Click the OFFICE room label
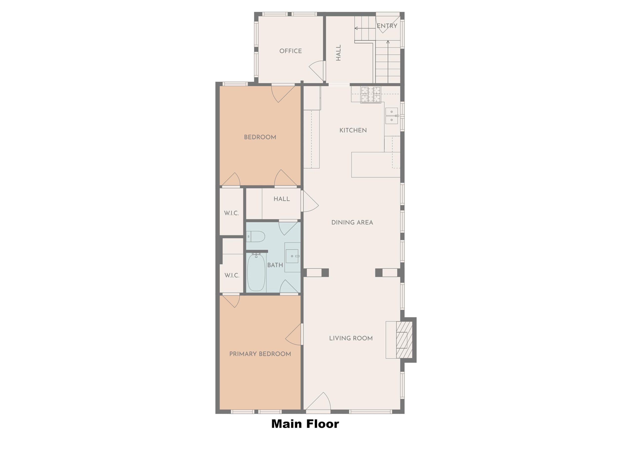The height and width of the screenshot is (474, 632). (x=290, y=51)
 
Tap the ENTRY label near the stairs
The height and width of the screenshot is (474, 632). (x=387, y=26)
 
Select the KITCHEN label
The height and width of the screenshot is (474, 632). (x=353, y=130)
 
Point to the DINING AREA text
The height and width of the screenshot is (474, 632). (x=352, y=223)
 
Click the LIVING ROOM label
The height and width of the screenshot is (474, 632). (x=351, y=338)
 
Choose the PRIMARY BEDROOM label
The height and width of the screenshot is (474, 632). (x=260, y=354)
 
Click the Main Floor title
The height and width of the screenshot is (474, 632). (x=305, y=424)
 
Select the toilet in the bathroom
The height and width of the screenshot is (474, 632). (x=256, y=237)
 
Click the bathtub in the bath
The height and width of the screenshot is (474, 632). (x=256, y=272)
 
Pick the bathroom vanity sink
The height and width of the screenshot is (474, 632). (x=292, y=256)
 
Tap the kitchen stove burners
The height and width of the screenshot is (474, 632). (x=371, y=95)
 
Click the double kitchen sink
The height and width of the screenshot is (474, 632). (x=392, y=116)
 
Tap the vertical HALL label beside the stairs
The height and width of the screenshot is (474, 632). (x=338, y=53)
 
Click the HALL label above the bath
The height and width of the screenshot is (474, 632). (x=281, y=199)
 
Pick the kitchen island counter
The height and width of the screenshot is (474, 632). (x=375, y=165)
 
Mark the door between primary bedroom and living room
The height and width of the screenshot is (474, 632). (x=294, y=334)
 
